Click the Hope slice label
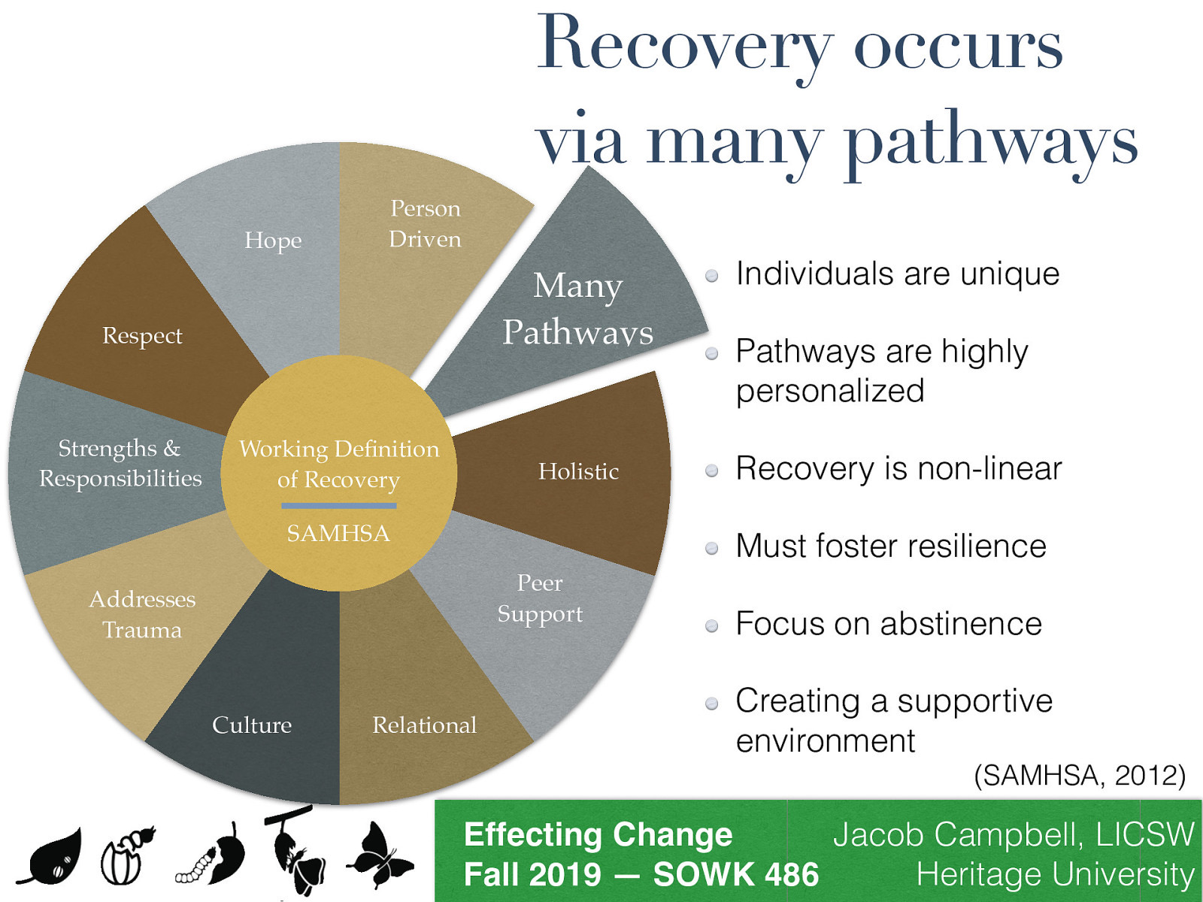click(273, 241)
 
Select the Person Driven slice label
click(425, 223)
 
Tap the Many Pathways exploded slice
click(577, 308)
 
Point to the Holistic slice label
click(578, 471)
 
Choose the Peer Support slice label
click(540, 598)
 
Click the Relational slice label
click(424, 725)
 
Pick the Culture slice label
click(252, 725)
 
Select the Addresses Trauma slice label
click(142, 614)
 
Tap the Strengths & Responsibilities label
click(120, 463)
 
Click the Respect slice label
click(142, 335)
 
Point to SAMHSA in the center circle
click(338, 533)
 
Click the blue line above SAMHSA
click(338, 506)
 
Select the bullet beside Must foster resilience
click(712, 548)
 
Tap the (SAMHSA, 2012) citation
click(1079, 775)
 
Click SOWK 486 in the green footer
click(735, 875)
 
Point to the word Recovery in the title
click(684, 45)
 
